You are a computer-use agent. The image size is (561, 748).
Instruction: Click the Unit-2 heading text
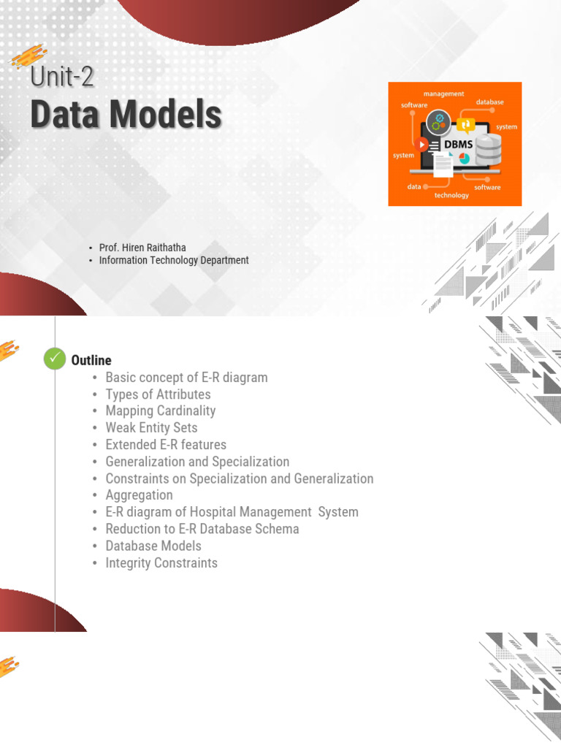pos(62,76)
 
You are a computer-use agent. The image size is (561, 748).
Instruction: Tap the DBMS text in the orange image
pos(459,144)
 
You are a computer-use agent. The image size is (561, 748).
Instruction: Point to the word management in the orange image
pos(443,94)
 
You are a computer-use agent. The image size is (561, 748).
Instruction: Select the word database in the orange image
pos(490,102)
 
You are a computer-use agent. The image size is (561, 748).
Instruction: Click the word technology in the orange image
pos(451,195)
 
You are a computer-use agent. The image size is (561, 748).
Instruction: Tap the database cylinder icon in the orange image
pos(489,149)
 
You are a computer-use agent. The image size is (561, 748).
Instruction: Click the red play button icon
pos(421,144)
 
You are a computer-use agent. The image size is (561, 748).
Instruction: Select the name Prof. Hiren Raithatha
pos(142,248)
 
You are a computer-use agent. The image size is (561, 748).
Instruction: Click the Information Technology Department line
pos(174,260)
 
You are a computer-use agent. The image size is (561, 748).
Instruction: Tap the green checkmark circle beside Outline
pos(55,358)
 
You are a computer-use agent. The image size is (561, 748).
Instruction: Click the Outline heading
pos(91,360)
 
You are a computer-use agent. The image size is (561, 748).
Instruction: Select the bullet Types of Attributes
pos(158,394)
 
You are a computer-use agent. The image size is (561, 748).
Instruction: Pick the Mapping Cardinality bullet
pos(160,411)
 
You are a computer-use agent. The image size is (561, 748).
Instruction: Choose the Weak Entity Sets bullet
pos(151,428)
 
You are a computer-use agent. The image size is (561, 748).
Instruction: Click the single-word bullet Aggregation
pos(139,496)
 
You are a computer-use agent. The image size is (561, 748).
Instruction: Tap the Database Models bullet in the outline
pos(153,546)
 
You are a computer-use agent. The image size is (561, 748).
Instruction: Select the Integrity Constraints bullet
pos(161,563)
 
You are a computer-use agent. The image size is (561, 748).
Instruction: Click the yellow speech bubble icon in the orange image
pos(465,124)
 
